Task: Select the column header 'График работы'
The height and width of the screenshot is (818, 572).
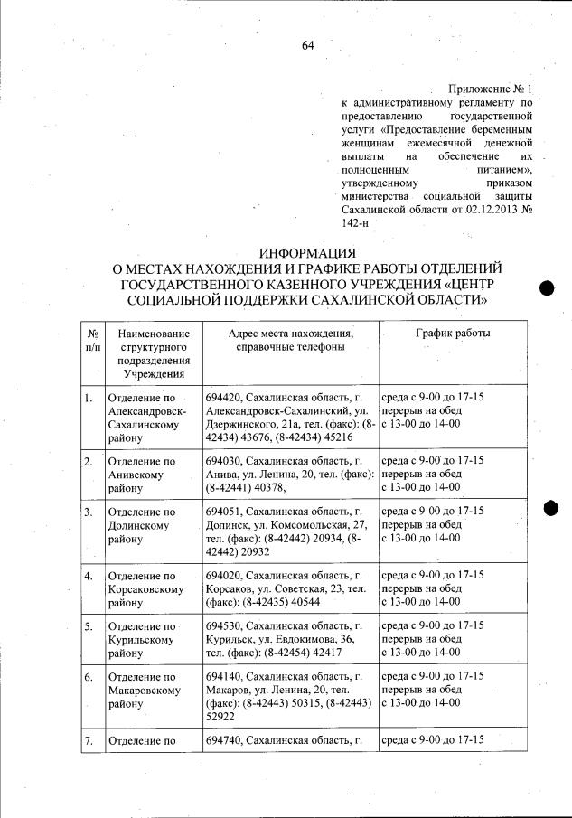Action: (453, 334)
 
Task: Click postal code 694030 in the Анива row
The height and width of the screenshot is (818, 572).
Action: (222, 461)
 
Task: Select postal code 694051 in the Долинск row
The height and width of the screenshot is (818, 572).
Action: (222, 512)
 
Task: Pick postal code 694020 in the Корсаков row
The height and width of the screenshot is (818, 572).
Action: (222, 575)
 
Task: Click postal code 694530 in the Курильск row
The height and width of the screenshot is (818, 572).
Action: (222, 625)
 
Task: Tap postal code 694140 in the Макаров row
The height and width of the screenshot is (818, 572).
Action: (222, 676)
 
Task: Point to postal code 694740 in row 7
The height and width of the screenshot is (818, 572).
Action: (222, 740)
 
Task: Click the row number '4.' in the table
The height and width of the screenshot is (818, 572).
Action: (88, 575)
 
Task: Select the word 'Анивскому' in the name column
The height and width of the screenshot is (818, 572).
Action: (135, 475)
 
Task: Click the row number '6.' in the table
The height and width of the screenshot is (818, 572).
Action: (88, 676)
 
